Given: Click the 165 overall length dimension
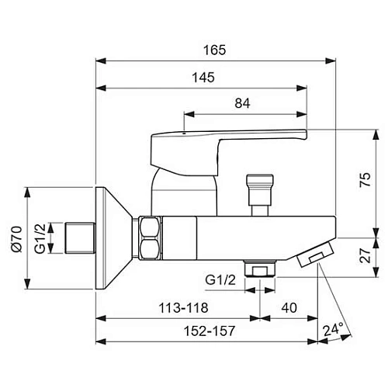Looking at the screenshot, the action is [x=214, y=50].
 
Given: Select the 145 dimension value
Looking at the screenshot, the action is [x=203, y=78].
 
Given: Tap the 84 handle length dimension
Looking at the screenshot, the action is [x=242, y=103].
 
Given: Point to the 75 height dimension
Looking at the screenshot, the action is [x=365, y=179].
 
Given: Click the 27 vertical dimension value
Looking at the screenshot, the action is [x=365, y=255].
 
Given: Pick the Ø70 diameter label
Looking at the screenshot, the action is [x=17, y=239].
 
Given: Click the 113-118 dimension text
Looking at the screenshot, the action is [x=183, y=308].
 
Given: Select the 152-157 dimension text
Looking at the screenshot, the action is [x=210, y=331].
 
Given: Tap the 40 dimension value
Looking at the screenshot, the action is [x=289, y=308].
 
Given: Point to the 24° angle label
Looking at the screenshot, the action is [x=333, y=329].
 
